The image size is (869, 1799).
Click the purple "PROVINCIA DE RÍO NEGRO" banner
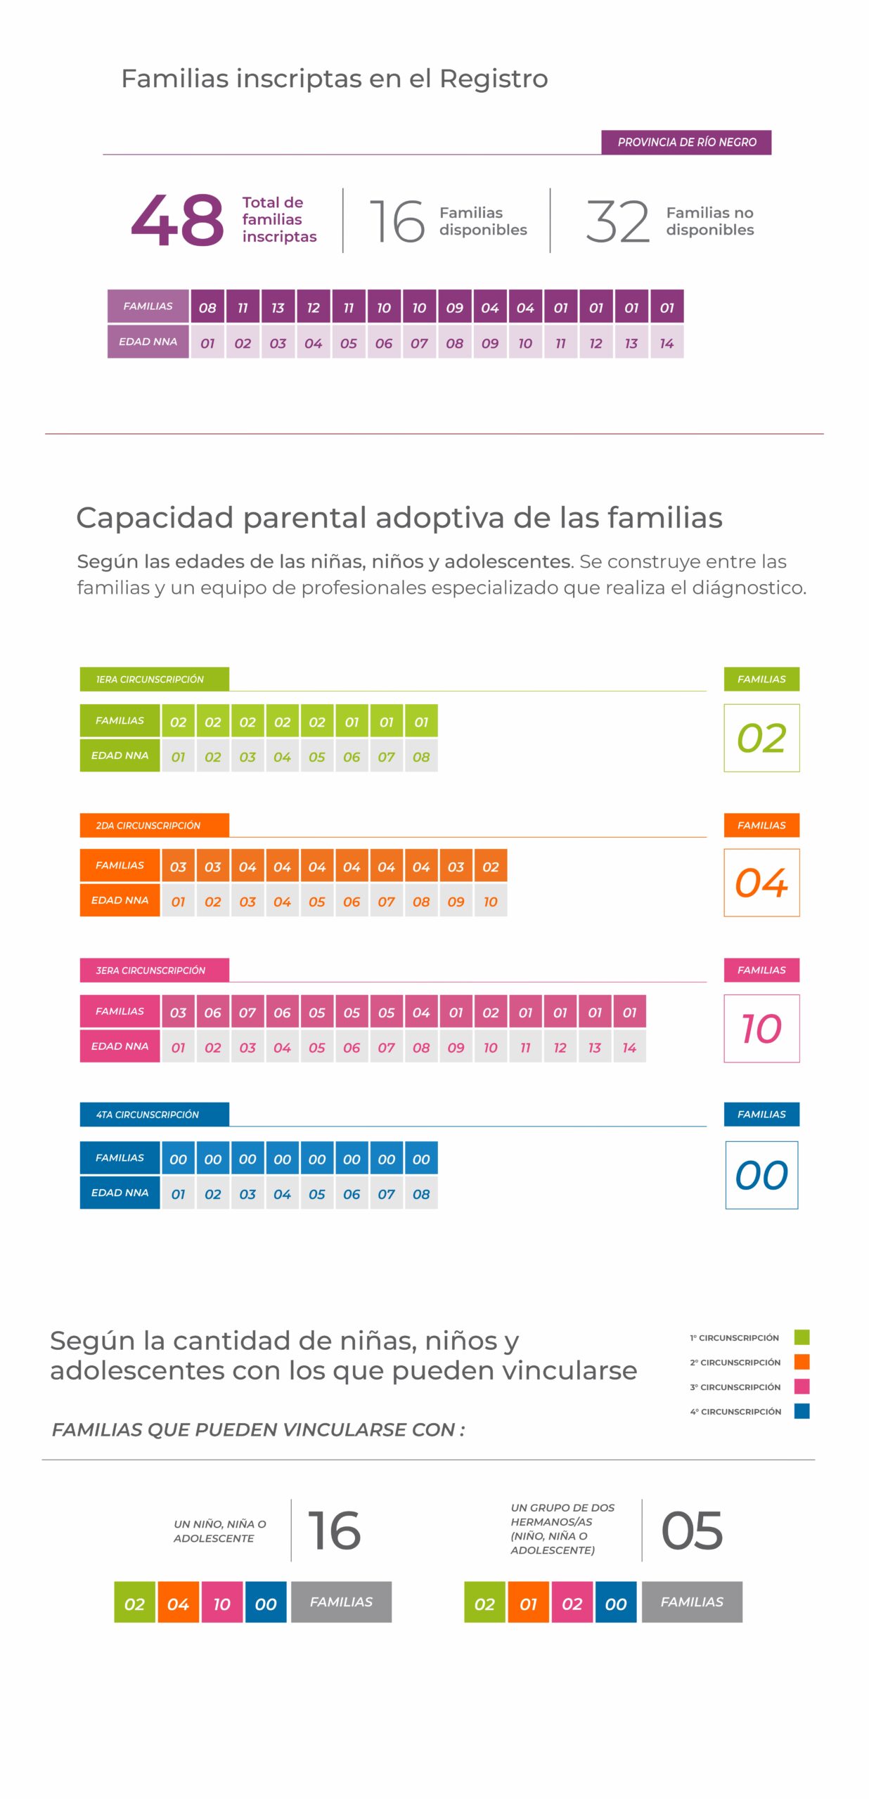coord(685,142)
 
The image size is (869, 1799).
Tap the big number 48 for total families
coord(177,221)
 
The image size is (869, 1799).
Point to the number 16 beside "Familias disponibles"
coord(397,221)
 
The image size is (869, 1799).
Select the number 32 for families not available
coord(617,221)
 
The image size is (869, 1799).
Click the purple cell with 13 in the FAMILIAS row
coord(278,307)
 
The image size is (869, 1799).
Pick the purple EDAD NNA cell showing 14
coord(667,343)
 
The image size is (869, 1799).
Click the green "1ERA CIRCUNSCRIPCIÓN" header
coord(154,679)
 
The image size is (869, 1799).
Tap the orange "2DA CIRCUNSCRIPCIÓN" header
coord(154,825)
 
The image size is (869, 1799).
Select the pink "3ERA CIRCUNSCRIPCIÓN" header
coord(154,970)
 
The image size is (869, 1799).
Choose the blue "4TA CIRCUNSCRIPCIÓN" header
coord(154,1114)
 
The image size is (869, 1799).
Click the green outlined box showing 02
coord(761,738)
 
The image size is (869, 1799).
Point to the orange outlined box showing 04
coord(761,883)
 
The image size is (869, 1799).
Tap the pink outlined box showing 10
coord(761,1028)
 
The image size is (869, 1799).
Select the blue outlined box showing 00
coord(761,1175)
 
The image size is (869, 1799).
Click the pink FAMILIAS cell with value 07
coord(247,1012)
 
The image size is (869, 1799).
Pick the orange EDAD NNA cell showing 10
coord(491,902)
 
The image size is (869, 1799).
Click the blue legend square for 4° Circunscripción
coord(802,1410)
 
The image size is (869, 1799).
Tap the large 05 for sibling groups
coord(692,1530)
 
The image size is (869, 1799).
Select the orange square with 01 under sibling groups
coord(528,1602)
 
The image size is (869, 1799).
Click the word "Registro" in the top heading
coord(494,79)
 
